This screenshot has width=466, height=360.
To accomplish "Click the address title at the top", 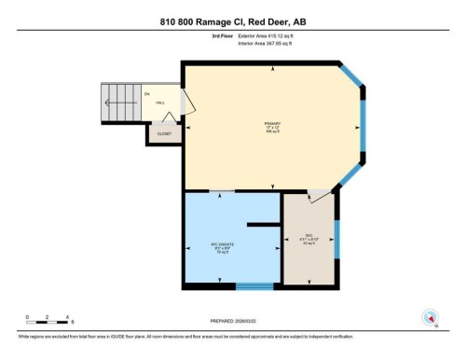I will click(232, 20).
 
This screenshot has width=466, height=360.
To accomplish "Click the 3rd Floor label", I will click(223, 36).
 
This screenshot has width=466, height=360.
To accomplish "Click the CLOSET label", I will click(163, 134).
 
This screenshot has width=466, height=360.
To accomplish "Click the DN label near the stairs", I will click(146, 94).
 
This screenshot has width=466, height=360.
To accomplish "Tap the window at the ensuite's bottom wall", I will click(254, 285).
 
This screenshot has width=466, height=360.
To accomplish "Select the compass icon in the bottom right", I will click(431, 316).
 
